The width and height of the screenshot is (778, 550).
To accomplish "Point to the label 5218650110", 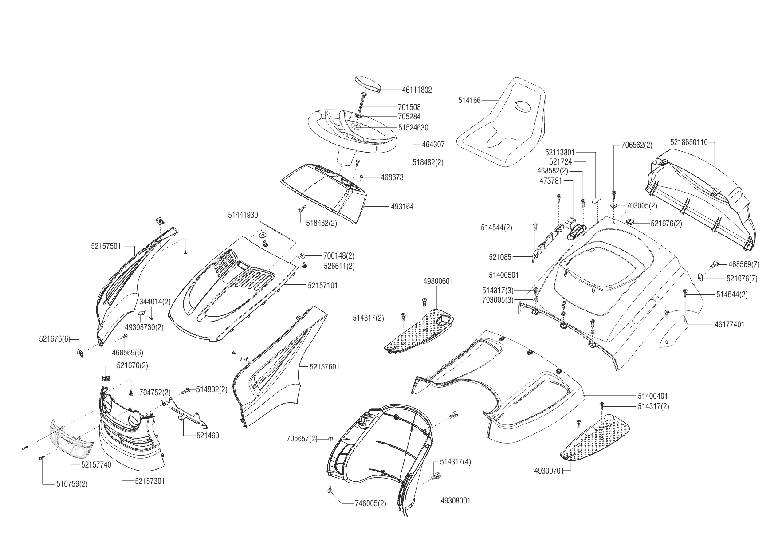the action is (689, 142).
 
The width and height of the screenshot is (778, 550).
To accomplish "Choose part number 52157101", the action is (322, 286).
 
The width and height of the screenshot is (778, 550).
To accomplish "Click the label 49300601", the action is (438, 281).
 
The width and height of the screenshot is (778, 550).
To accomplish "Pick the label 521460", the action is (208, 436).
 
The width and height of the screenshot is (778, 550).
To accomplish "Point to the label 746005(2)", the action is (370, 503).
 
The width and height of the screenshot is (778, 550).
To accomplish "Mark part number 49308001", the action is (456, 501).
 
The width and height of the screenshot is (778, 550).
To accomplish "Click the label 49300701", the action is (549, 471).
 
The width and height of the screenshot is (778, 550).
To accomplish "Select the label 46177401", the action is (730, 325).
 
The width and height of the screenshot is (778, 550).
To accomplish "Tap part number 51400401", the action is (653, 396).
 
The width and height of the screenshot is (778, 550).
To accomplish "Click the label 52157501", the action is (106, 246).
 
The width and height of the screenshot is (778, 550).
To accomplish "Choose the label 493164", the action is (402, 207).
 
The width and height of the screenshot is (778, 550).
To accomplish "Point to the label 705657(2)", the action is (302, 439).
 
